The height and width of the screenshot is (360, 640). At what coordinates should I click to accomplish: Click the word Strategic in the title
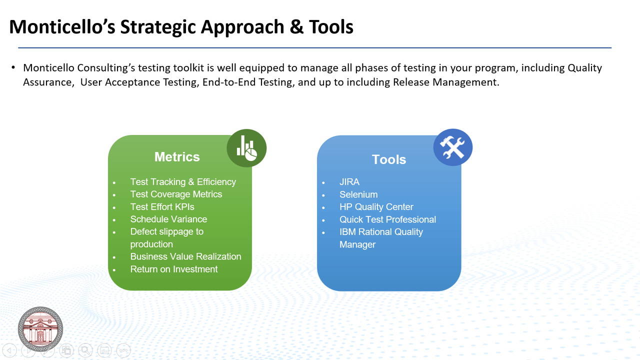tap(158, 27)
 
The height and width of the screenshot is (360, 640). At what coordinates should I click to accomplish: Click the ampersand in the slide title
tap(296, 27)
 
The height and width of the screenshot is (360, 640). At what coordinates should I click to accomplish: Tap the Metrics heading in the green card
tap(177, 157)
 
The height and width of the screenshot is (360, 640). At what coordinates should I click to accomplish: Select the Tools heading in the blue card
tap(389, 159)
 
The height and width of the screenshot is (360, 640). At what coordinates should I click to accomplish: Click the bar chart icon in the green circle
tap(246, 148)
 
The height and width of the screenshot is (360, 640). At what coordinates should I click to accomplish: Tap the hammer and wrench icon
tap(452, 147)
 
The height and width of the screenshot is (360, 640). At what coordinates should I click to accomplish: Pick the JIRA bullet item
tap(349, 181)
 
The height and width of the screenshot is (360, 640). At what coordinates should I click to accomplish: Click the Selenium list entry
tap(358, 194)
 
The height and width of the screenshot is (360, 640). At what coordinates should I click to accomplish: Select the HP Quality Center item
tap(376, 206)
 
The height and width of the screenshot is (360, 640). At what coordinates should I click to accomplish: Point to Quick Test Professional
tap(387, 219)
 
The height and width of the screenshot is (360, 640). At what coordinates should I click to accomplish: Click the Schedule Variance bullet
tap(168, 219)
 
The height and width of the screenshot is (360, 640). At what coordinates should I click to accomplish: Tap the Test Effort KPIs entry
tap(162, 206)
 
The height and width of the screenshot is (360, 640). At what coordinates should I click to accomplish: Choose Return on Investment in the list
tap(173, 269)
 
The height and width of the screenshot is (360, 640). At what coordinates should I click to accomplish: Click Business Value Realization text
tap(185, 256)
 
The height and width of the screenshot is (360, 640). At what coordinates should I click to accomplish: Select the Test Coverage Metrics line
tap(176, 194)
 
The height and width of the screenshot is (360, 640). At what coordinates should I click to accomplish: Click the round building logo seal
tap(40, 329)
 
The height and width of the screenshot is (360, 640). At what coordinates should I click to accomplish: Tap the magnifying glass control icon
tap(85, 350)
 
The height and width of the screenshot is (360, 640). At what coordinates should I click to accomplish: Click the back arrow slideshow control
tap(9, 350)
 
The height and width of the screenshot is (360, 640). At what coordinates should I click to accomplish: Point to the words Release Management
tap(446, 82)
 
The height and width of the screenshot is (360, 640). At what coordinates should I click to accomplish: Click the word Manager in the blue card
tap(357, 244)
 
